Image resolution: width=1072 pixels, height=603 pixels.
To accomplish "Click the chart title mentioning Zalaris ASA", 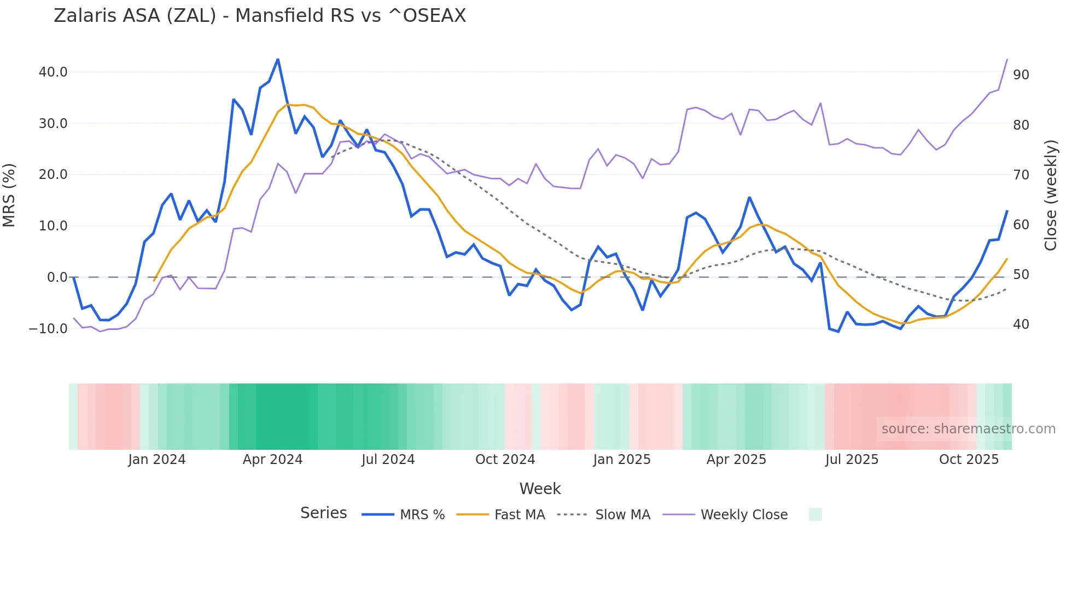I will pos(260,16).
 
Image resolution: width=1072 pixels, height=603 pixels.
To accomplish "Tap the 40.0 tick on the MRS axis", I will pos(53,72).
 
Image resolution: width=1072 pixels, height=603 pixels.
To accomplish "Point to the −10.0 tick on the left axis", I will pos(48,329).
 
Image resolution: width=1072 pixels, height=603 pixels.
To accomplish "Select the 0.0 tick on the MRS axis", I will pos(57,277).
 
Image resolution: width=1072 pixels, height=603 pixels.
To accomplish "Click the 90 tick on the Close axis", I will pos(1021,75).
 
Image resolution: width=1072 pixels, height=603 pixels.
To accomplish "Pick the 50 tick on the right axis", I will pos(1021,275).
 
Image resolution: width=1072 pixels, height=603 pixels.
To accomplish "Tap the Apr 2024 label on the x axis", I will pos(272,460).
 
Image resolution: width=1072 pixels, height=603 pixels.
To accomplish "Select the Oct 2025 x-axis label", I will pos(969,460).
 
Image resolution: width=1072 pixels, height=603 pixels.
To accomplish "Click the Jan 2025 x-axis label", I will pos(622,460).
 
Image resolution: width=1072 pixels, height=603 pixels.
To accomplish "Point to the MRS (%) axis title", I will pos(9,195).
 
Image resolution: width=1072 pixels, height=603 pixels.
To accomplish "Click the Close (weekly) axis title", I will pos(1051,195).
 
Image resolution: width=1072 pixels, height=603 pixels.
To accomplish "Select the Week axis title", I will pos(540,489).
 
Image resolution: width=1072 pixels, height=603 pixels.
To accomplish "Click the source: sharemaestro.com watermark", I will pos(968,429).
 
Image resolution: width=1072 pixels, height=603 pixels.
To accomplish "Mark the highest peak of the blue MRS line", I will pos(278,59).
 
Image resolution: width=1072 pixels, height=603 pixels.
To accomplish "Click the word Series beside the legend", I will pos(323,513).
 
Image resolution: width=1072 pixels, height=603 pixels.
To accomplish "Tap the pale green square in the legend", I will pos(815,515).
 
